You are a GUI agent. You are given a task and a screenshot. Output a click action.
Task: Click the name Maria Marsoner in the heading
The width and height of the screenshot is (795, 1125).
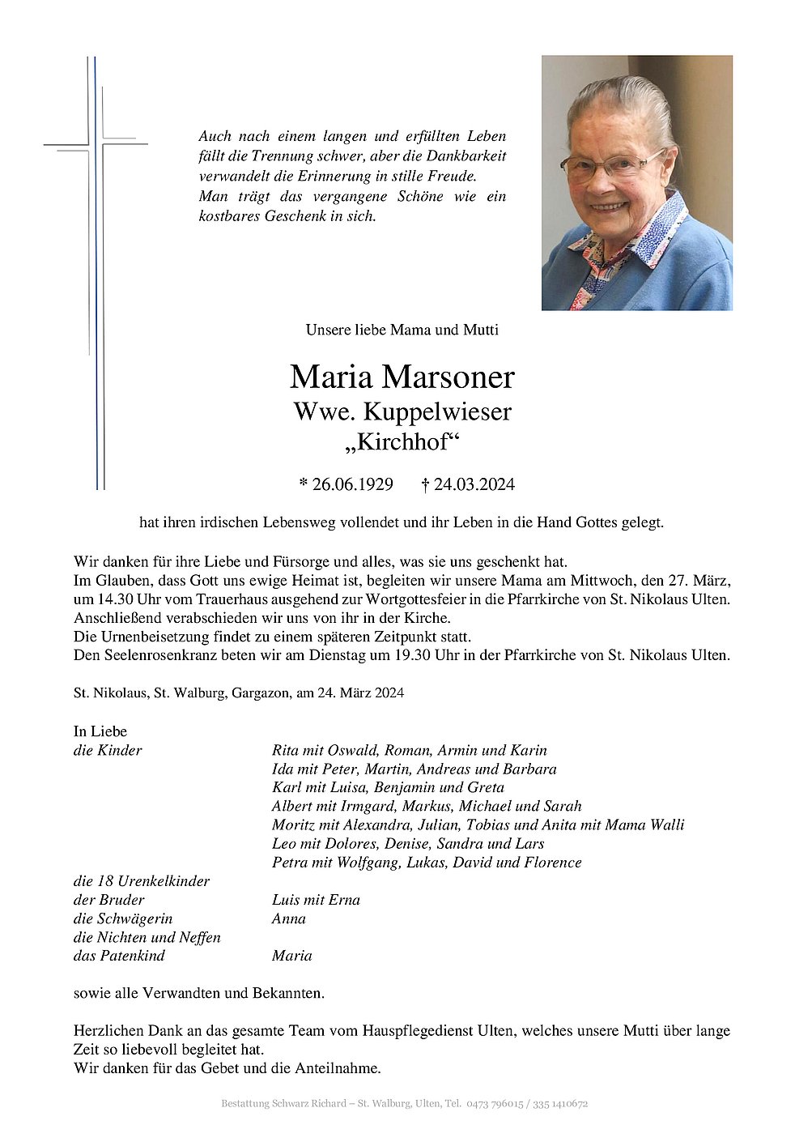tap(402, 377)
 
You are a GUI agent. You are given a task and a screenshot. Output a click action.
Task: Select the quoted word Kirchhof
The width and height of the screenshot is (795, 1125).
tap(402, 443)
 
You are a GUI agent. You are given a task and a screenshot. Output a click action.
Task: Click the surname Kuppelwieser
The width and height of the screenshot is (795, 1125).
tap(437, 412)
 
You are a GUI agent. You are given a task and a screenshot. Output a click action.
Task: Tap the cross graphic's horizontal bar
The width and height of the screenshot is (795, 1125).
tap(96, 145)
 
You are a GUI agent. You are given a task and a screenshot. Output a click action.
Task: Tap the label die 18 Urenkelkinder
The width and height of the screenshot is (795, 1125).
tap(142, 881)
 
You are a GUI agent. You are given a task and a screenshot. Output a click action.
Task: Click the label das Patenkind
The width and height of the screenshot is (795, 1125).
tap(119, 956)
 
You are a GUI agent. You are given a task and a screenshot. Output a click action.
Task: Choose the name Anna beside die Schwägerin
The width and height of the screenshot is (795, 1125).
tap(289, 918)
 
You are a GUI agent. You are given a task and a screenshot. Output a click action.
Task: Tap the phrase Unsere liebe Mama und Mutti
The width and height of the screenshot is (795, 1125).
tap(402, 330)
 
